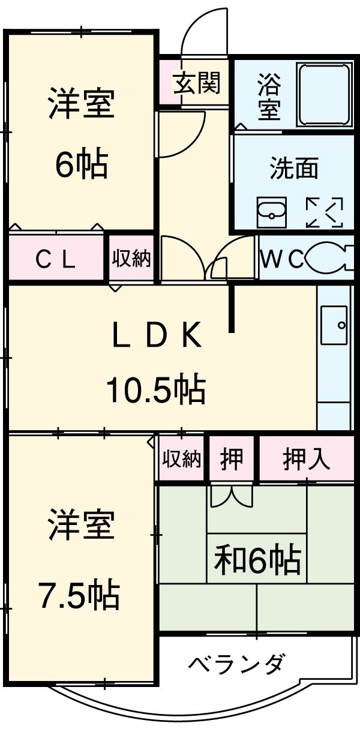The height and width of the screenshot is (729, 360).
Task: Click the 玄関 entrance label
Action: coord(197,83)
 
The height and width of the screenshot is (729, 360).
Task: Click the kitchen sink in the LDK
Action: coord(334,327)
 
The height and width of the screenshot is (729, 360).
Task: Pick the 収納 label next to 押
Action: coord(182,459)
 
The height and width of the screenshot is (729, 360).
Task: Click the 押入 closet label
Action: coord(306,459)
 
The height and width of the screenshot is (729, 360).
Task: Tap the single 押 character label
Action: coord(232,459)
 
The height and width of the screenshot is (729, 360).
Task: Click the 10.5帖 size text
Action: coord(156,390)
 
